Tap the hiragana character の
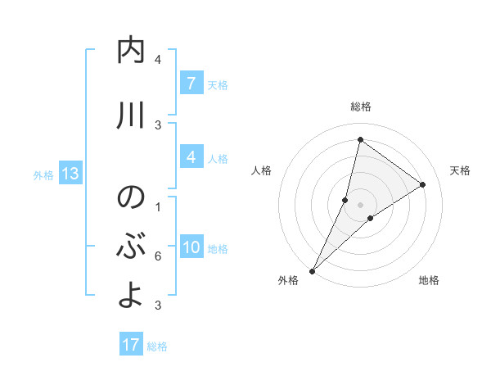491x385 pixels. tap(131, 197)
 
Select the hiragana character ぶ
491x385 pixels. tap(131, 247)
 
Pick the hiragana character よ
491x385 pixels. tap(131, 296)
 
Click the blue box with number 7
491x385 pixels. tap(191, 83)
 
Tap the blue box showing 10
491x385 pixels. tap(191, 248)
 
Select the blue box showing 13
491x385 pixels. tap(70, 174)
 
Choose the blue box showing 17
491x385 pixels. tap(131, 345)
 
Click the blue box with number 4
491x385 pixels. tap(191, 157)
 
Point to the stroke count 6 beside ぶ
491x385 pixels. tap(157, 256)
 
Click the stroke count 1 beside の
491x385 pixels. tap(157, 206)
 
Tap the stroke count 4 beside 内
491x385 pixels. tap(157, 60)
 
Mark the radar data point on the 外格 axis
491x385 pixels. tap(312, 270)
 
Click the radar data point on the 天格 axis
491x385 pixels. tap(422, 185)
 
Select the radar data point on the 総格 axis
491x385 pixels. tap(360, 139)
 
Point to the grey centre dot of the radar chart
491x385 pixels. tap(360, 205)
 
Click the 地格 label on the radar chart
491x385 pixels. tap(429, 280)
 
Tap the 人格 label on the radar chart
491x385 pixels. tap(261, 170)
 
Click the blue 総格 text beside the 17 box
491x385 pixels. tap(157, 346)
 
